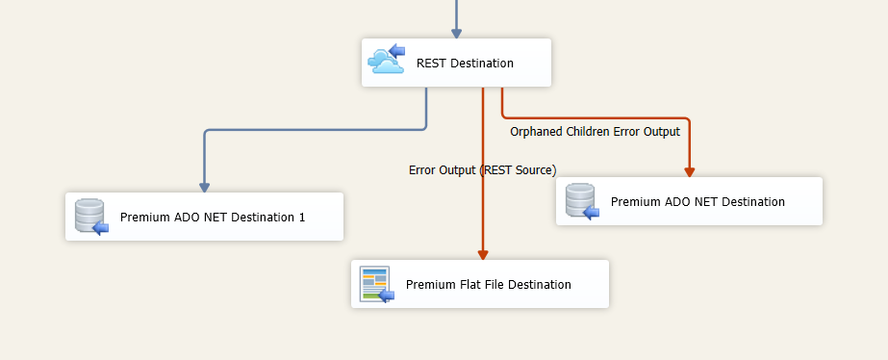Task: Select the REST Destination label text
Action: point(465,64)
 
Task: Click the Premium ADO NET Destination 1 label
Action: point(213,218)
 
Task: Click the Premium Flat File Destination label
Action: point(489,285)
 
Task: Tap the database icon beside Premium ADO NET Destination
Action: point(581,201)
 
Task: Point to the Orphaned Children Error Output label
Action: point(595,132)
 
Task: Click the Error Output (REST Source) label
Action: point(482,170)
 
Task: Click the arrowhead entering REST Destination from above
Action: point(456,33)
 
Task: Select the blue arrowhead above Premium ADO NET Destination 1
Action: point(204,187)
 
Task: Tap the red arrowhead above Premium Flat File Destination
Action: point(482,253)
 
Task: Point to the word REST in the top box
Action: point(431,64)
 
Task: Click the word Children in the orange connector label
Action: point(589,132)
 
